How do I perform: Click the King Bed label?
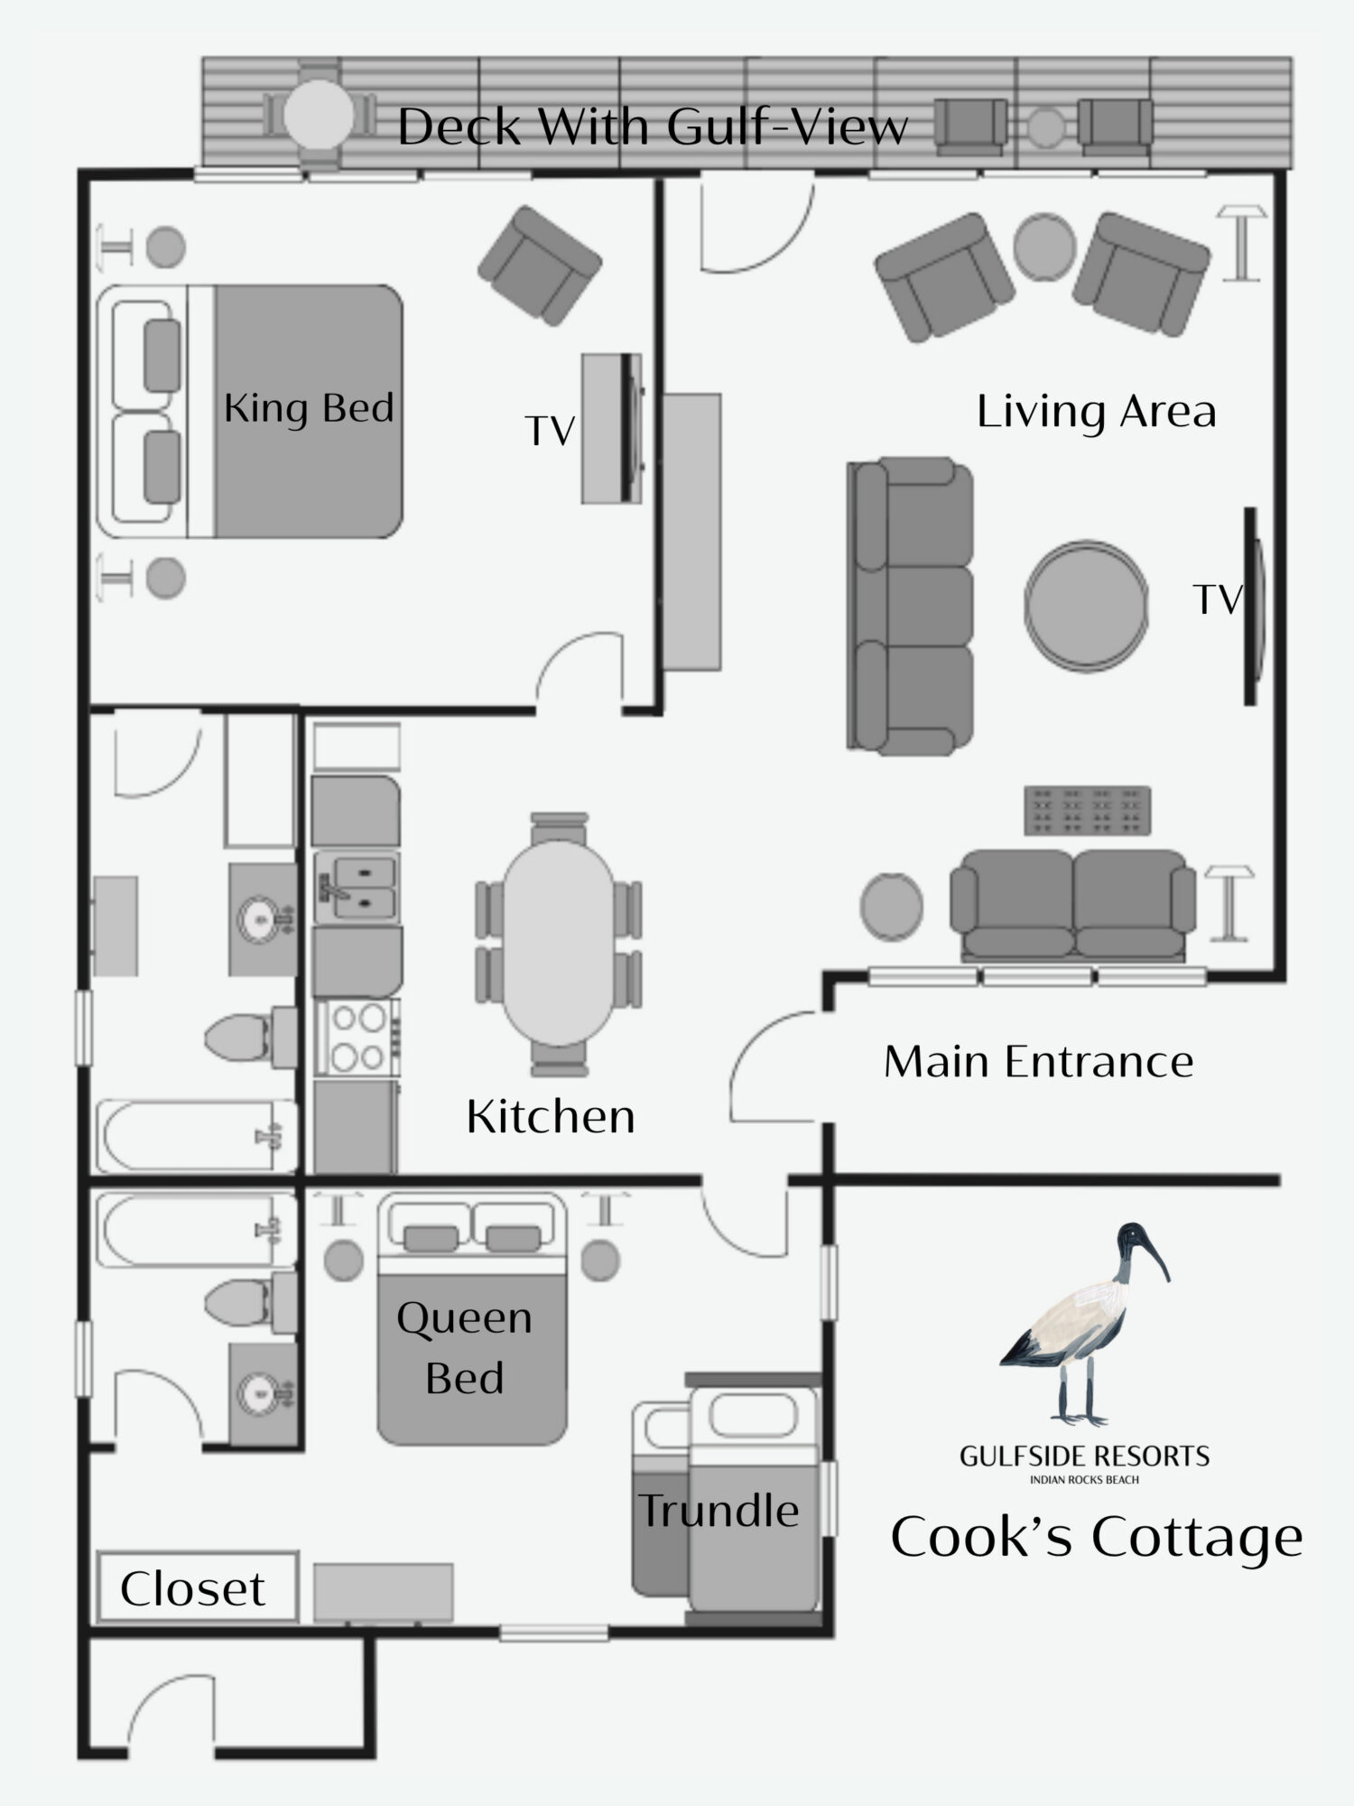point(309,408)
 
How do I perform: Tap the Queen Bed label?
point(464,1347)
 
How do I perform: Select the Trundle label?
point(719,1510)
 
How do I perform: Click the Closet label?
point(192,1588)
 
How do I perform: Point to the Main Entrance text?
point(1038,1062)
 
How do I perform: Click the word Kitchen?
point(551,1117)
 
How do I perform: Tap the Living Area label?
point(1097,412)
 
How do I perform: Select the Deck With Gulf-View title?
point(653,126)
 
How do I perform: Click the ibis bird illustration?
point(1084,1324)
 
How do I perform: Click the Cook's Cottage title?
point(1097,1536)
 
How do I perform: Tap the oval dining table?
point(560,944)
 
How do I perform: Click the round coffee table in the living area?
point(1087,605)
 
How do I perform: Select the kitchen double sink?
point(357,887)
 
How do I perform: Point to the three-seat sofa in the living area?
point(910,605)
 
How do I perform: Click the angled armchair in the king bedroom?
point(540,265)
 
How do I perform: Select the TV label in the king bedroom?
point(550,431)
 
